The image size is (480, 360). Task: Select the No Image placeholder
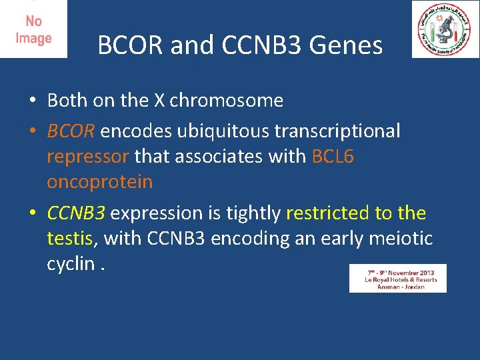pyautogui.click(x=33, y=29)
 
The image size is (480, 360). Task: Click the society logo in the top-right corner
pyautogui.click(x=445, y=29)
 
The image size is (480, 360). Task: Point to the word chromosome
pyautogui.click(x=227, y=101)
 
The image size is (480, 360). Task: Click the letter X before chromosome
pyautogui.click(x=159, y=101)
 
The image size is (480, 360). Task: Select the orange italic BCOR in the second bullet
pyautogui.click(x=71, y=131)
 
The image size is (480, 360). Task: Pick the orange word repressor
pyautogui.click(x=88, y=157)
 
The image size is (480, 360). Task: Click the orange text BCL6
pyautogui.click(x=333, y=157)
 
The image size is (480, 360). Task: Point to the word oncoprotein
pyautogui.click(x=100, y=182)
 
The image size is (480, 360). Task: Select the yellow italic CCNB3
pyautogui.click(x=76, y=213)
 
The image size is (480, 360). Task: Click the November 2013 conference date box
pyautogui.click(x=397, y=278)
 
